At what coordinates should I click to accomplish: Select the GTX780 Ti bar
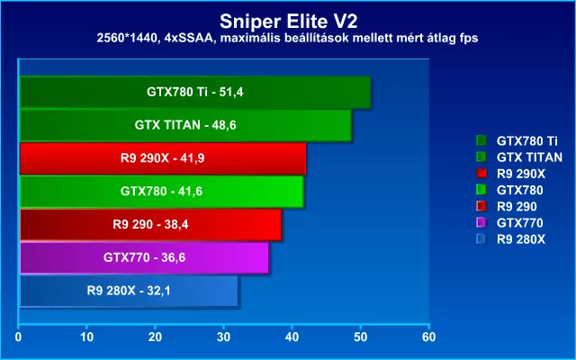194,92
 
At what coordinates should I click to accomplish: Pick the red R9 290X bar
162,158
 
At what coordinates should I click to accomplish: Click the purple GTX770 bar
144,257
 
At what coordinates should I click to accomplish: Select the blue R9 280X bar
129,291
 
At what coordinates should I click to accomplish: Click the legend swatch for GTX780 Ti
481,140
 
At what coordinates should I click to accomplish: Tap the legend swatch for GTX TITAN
481,157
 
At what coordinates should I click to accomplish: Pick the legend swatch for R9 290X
481,173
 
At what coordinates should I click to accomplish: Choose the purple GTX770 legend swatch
481,222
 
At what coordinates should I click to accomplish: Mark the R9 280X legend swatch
481,238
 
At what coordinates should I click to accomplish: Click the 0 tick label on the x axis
19,337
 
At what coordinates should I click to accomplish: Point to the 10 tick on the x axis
87,337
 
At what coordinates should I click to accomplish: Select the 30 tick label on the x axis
224,337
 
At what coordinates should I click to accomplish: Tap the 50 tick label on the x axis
361,337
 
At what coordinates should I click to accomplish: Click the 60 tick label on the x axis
429,337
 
